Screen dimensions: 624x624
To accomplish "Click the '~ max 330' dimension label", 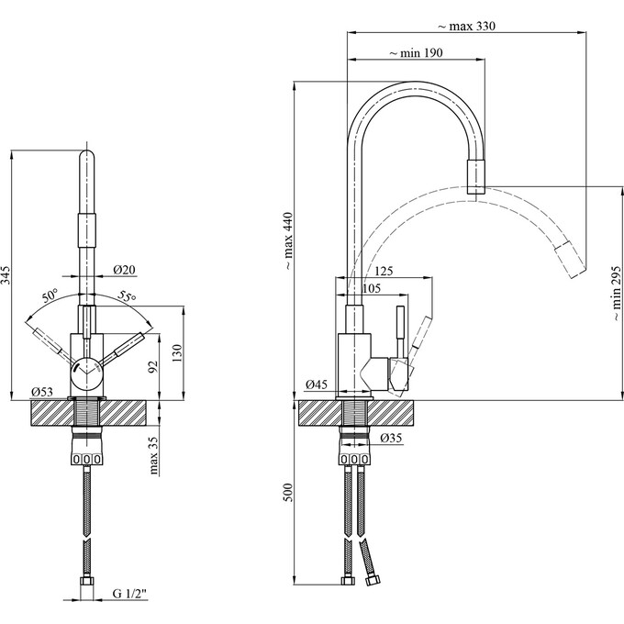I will pyautogui.click(x=464, y=25).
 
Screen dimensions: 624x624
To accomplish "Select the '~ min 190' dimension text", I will pyautogui.click(x=416, y=54).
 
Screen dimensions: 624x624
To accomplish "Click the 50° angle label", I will pyautogui.click(x=50, y=296).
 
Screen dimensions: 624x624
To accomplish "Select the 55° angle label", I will pyautogui.click(x=126, y=296).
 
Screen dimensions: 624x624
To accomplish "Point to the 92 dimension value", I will pyautogui.click(x=154, y=367).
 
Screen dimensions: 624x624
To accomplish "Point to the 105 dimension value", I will pyautogui.click(x=372, y=288).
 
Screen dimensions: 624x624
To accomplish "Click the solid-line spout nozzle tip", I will pyautogui.click(x=476, y=175).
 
